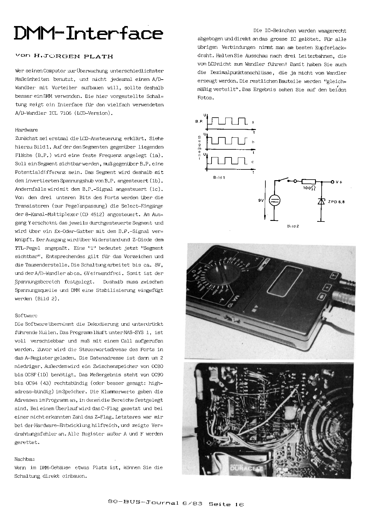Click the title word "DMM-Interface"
pyautogui.click(x=88, y=34)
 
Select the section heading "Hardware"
pyautogui.click(x=26, y=130)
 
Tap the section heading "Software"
pyautogui.click(x=26, y=315)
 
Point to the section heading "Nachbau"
pyautogui.click(x=25, y=459)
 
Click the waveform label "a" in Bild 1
pyautogui.click(x=253, y=122)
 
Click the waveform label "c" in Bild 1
pyautogui.click(x=253, y=162)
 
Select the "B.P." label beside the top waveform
pyautogui.click(x=199, y=122)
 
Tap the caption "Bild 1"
pyautogui.click(x=219, y=177)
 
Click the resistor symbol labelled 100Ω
pyautogui.click(x=308, y=181)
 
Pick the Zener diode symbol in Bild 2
pyautogui.click(x=321, y=201)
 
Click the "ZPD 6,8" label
pyautogui.click(x=336, y=202)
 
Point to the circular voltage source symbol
pyautogui.click(x=274, y=201)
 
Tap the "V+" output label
pyautogui.click(x=339, y=182)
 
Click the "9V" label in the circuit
pyautogui.click(x=261, y=201)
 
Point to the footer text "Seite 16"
pyautogui.click(x=226, y=504)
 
